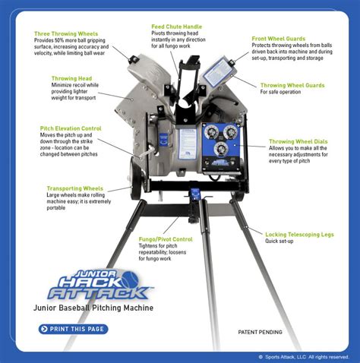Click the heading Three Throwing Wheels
tap(65, 33)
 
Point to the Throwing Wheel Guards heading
tap(293, 86)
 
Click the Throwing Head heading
tap(72, 78)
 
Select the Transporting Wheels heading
tap(76, 188)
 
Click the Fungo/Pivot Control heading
tap(165, 239)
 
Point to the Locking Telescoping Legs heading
tap(298, 235)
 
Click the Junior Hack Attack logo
tap(96, 286)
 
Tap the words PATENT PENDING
tap(261, 332)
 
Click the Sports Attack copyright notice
tap(303, 356)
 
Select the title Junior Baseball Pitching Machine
tap(93, 308)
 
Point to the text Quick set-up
tap(281, 242)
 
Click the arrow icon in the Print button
tap(44, 329)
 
